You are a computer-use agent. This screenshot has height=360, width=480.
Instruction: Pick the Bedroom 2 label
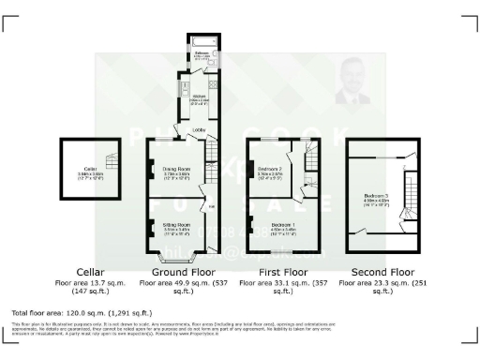click(x=272, y=170)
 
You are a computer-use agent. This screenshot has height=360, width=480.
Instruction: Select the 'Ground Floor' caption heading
click(x=186, y=272)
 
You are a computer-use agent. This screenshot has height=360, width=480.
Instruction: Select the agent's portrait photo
click(x=351, y=82)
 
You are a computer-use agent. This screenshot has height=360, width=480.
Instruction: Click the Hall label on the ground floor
click(x=212, y=207)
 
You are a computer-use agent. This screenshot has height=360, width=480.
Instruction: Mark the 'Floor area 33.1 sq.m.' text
click(x=290, y=282)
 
